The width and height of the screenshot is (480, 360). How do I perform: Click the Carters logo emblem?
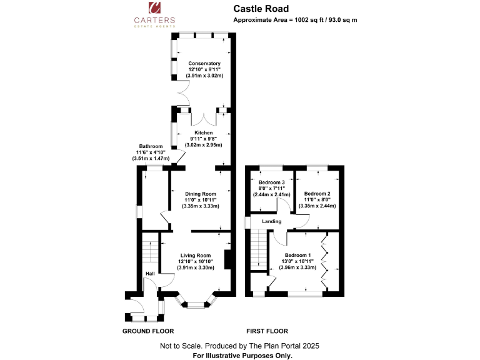(x=154, y=8)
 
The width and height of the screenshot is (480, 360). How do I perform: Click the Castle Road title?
(x=261, y=9)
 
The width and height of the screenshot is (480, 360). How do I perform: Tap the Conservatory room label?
(x=204, y=63)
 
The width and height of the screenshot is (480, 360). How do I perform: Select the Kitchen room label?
(x=204, y=132)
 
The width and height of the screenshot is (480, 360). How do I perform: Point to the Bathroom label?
(x=151, y=146)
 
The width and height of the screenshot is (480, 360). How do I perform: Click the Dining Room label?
(x=201, y=194)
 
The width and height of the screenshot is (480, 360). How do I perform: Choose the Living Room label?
(x=196, y=255)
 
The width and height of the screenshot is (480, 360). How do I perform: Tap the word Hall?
(x=150, y=274)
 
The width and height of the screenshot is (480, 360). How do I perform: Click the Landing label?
(x=271, y=221)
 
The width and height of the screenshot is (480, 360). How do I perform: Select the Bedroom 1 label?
(x=297, y=255)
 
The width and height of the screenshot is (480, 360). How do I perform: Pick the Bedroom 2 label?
(x=317, y=194)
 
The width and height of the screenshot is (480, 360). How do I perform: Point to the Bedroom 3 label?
(x=271, y=182)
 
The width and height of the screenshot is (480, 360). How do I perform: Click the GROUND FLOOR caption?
(x=148, y=331)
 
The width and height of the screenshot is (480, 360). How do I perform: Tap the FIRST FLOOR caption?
(x=267, y=331)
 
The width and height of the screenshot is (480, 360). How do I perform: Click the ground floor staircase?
(x=150, y=252)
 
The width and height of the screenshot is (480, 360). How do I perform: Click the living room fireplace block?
(x=227, y=259)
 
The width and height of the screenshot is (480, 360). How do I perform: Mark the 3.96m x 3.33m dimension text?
(x=297, y=267)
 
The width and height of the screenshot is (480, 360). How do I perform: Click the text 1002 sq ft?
(x=309, y=20)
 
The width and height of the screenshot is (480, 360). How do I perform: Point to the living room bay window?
(x=195, y=302)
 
